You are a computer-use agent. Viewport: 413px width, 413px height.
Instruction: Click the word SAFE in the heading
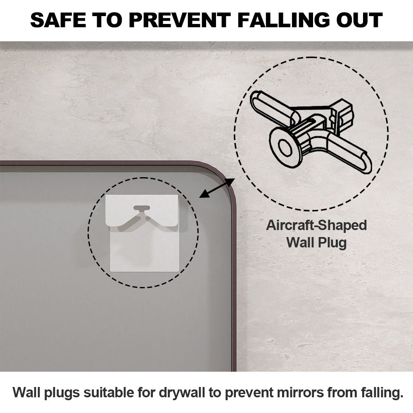pos(58,20)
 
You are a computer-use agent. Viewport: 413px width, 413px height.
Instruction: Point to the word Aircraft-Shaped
pos(316,226)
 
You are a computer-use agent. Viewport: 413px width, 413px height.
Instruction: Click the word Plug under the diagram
pos(332,242)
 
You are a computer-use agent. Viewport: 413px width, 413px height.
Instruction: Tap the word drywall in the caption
pos(182,392)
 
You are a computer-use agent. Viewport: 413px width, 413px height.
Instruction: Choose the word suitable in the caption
pos(109,392)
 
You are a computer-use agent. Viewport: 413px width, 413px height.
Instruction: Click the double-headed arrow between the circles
pos(217,188)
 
